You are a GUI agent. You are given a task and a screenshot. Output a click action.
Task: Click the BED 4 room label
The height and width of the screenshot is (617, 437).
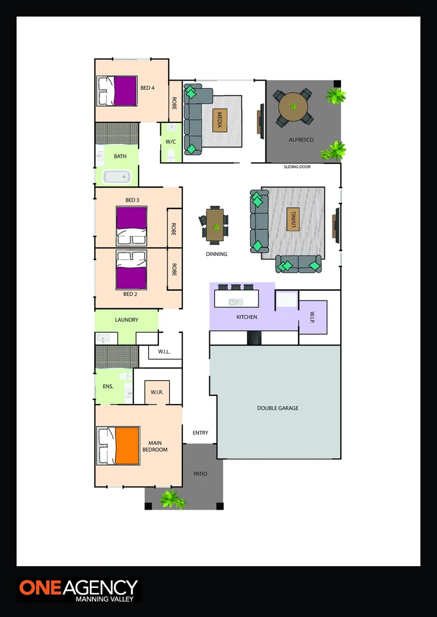(148, 88)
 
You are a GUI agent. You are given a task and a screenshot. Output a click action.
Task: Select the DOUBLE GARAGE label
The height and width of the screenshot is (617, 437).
(277, 408)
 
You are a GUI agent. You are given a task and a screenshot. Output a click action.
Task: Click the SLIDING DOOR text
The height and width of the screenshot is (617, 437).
(297, 167)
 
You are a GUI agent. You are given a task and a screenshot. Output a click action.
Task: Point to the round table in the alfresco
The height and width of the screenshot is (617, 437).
(293, 107)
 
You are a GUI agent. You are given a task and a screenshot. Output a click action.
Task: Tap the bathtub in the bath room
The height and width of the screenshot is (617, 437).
(119, 177)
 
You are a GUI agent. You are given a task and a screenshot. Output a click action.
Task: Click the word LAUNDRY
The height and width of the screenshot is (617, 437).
(126, 320)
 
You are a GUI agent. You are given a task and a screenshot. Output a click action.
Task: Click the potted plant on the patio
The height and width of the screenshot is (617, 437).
(171, 499)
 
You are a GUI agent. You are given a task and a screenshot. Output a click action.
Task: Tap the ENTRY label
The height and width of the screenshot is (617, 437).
(200, 433)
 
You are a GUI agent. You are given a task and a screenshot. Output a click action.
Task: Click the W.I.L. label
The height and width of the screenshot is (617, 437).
(164, 352)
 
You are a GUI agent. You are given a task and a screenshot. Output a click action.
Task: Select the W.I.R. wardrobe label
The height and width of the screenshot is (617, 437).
(157, 392)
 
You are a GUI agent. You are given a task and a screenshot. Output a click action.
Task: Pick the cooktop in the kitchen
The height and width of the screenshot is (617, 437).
(255, 338)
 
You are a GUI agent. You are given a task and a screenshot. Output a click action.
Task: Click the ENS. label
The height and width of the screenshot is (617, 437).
(108, 386)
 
